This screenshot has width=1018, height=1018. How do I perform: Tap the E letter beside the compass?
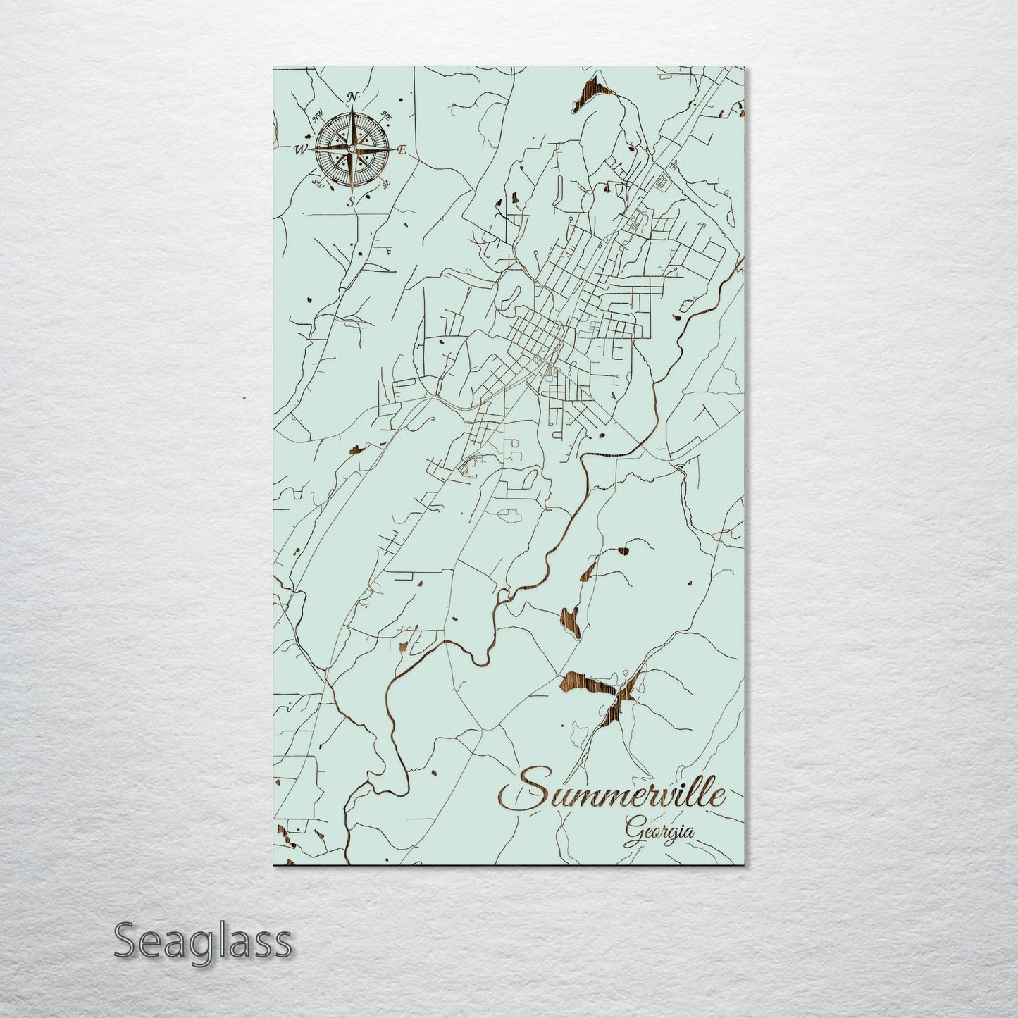pyautogui.click(x=402, y=149)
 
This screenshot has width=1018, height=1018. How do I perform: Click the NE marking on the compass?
pyautogui.click(x=386, y=115)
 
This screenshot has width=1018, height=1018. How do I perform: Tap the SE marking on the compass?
pyautogui.click(x=385, y=184)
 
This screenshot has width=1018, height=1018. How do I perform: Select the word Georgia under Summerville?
pyautogui.click(x=658, y=831)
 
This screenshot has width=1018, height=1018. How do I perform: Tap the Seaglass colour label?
pyautogui.click(x=202, y=941)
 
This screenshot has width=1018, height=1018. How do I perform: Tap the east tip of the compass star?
pyautogui.click(x=392, y=149)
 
